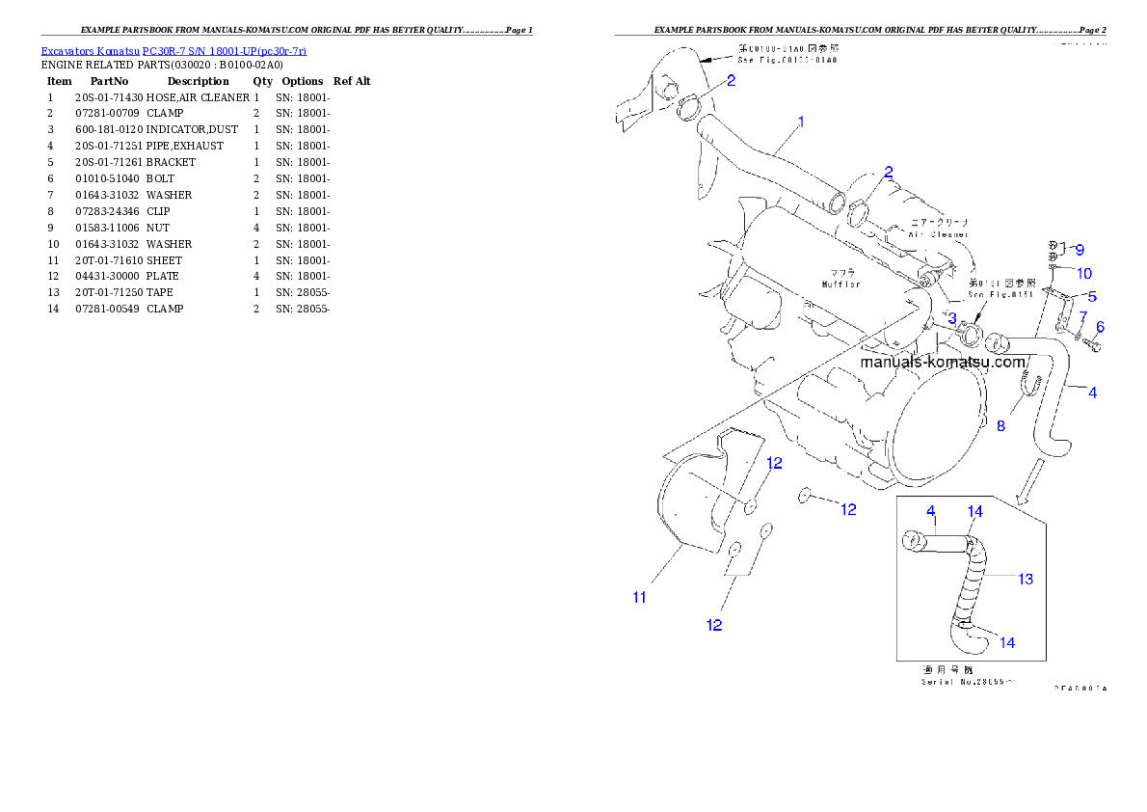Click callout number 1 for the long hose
[801, 122]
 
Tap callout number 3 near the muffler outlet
[951, 319]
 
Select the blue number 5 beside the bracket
[1092, 296]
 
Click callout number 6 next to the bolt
[1100, 327]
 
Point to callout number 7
[1082, 316]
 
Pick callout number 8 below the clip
[1000, 425]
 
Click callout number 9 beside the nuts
[1080, 250]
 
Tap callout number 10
[1084, 273]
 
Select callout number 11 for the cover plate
[639, 597]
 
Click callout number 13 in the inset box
[1026, 579]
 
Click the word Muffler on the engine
[840, 284]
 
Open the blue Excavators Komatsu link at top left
[173, 51]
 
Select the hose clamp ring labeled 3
[970, 336]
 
